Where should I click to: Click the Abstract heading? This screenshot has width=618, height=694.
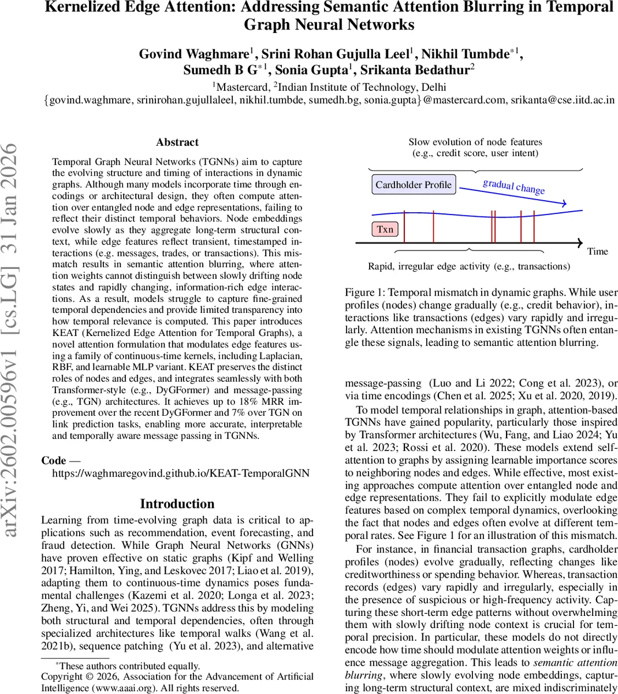[x=177, y=142]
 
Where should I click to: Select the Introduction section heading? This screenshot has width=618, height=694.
[x=177, y=503]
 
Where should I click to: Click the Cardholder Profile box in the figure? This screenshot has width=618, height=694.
[x=413, y=185]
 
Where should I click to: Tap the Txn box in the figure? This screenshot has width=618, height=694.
[x=385, y=230]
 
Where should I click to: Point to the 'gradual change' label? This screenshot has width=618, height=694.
[x=513, y=186]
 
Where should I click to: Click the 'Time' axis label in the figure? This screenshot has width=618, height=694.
[x=597, y=252]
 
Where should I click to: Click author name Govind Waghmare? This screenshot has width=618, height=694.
[x=193, y=54]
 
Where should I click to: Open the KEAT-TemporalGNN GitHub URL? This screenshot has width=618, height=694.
[x=181, y=473]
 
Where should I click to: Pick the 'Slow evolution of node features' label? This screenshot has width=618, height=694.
[x=475, y=142]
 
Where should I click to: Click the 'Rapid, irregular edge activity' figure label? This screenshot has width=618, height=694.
[x=468, y=267]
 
